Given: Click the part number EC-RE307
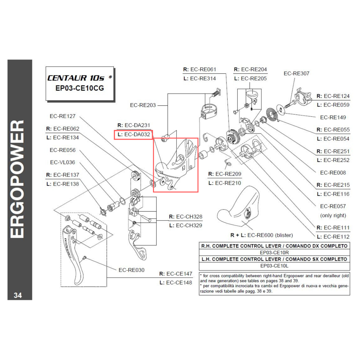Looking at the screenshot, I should click(296, 73).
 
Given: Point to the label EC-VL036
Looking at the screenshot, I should click(62, 163).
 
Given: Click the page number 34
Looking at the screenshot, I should click(18, 295).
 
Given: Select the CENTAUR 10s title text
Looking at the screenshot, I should click(77, 78).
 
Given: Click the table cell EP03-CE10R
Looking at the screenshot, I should click(274, 252).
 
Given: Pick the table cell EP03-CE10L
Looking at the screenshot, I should click(274, 266).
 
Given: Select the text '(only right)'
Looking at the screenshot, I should click(333, 215).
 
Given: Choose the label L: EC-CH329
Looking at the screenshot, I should click(185, 225).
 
